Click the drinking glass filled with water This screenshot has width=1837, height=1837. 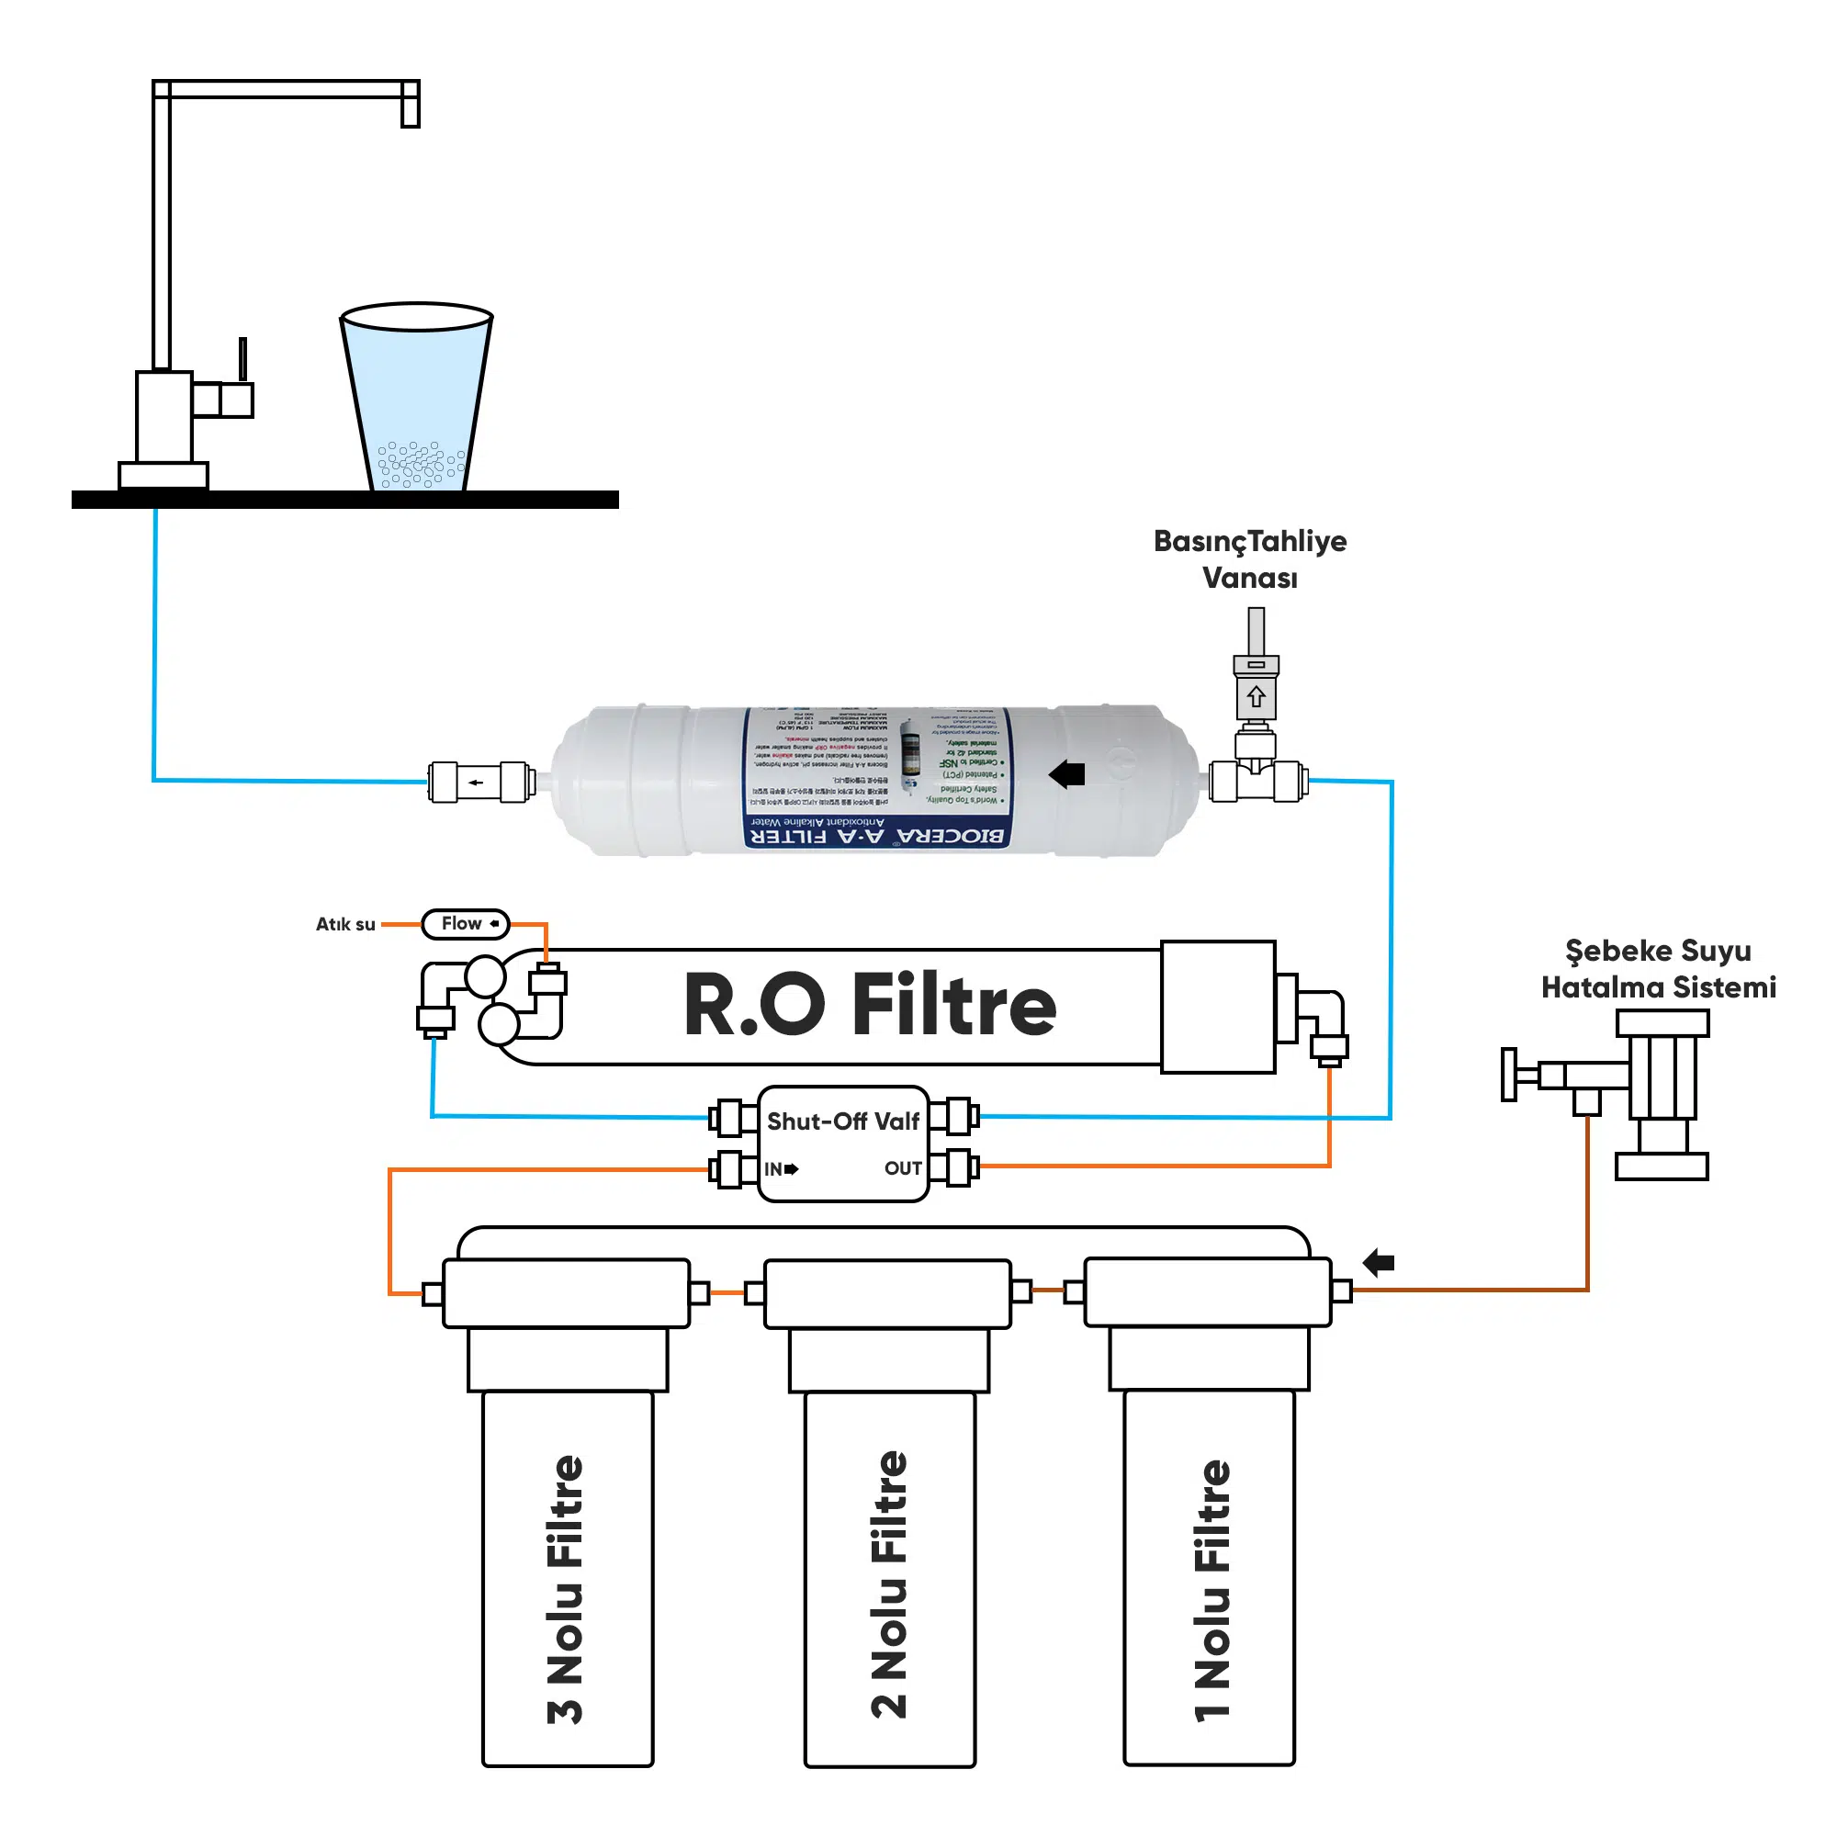point(416,400)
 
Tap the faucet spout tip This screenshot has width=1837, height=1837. point(410,114)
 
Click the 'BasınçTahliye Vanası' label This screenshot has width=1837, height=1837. point(1249,559)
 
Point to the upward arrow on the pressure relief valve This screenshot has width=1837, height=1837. point(1256,697)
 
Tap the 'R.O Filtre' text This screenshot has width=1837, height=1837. point(869,1005)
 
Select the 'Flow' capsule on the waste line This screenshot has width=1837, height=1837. point(466,923)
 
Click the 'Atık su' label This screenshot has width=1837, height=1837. point(345,924)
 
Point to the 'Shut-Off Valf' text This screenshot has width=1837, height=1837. point(842,1121)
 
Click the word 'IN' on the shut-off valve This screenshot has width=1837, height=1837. point(773,1168)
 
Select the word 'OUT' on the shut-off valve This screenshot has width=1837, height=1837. point(902,1167)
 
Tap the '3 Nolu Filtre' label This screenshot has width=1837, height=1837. point(566,1588)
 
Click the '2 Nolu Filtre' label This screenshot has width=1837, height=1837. point(890,1584)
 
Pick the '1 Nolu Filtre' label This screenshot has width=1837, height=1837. point(1212,1589)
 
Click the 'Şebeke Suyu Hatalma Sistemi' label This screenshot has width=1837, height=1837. point(1658,969)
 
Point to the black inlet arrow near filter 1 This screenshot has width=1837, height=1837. point(1378,1263)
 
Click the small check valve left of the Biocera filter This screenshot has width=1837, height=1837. point(479,782)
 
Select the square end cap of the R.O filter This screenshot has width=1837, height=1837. point(1218,1007)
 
